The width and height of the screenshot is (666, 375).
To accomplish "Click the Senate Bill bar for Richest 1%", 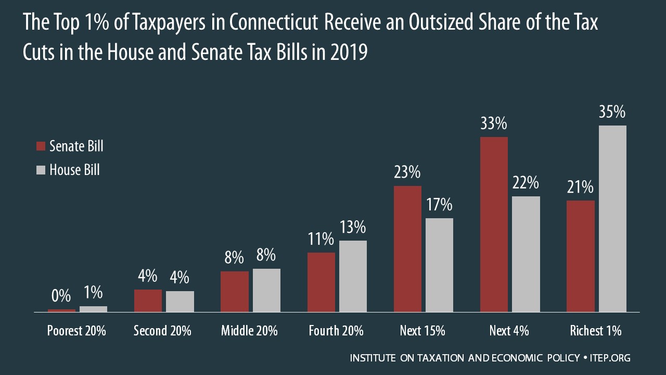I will click(580, 256).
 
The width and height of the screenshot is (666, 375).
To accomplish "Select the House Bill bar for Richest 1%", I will click(612, 219).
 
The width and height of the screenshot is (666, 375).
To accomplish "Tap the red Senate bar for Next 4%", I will click(494, 224).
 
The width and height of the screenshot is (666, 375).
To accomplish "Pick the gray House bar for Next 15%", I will click(439, 265).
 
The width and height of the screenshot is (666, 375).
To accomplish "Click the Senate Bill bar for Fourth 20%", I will click(321, 282).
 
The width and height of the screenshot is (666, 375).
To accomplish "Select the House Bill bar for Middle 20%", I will click(266, 290).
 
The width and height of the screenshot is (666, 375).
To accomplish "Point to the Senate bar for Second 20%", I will click(148, 301).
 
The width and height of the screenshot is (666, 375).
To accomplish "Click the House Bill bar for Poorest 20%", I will click(93, 309).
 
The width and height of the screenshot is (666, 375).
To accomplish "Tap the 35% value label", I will click(612, 113).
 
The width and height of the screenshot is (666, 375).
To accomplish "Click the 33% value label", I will click(493, 124).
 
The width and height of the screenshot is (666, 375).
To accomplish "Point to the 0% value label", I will click(61, 296).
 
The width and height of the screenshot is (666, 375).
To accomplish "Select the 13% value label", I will click(353, 228).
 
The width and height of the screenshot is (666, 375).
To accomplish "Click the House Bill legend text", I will click(74, 170).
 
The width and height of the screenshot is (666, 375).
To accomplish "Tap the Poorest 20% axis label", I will click(76, 331).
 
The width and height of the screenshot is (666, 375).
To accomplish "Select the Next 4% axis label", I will click(509, 331).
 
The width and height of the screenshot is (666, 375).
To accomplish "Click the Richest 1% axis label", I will click(596, 331).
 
